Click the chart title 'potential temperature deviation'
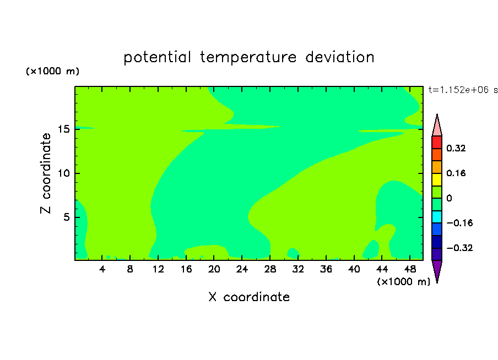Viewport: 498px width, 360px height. pyautogui.click(x=248, y=58)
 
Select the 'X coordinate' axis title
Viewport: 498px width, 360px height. pyautogui.click(x=249, y=297)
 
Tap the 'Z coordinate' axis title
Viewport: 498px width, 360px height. pyautogui.click(x=45, y=173)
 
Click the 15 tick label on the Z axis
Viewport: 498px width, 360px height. pyautogui.click(x=64, y=129)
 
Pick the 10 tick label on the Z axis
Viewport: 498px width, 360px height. pyautogui.click(x=64, y=173)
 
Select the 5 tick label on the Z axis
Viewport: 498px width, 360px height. pyautogui.click(x=66, y=217)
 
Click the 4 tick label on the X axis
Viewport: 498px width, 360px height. pyautogui.click(x=102, y=269)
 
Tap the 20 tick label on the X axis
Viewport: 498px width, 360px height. pyautogui.click(x=214, y=269)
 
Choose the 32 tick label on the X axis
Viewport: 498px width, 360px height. pyautogui.click(x=298, y=269)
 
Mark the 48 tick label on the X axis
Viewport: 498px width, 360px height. pyautogui.click(x=410, y=269)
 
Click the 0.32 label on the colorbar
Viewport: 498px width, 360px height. pyautogui.click(x=456, y=148)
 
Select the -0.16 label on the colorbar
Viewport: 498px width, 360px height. pyautogui.click(x=459, y=223)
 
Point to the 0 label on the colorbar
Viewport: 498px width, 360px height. pyautogui.click(x=449, y=198)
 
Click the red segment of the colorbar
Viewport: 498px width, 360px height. pyautogui.click(x=437, y=142)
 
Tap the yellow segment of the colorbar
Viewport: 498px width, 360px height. pyautogui.click(x=437, y=179)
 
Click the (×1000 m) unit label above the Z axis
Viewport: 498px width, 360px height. pyautogui.click(x=52, y=71)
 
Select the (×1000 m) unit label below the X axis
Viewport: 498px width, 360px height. pyautogui.click(x=403, y=282)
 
